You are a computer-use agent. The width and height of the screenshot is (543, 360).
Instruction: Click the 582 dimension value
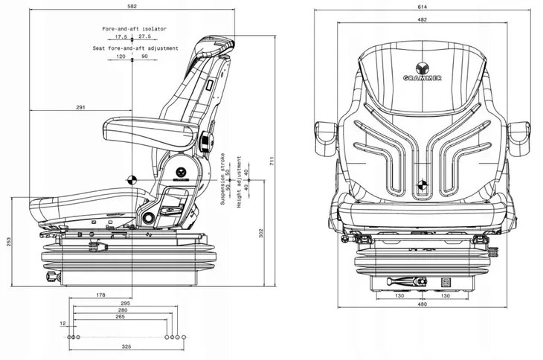pos(132,6)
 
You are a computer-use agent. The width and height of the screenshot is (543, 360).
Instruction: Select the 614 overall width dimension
pos(422,7)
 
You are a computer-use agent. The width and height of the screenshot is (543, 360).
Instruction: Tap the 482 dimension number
pos(422,19)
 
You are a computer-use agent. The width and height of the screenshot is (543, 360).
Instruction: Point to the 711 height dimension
pos(271,161)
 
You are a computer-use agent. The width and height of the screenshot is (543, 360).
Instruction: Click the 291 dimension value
pos(80,107)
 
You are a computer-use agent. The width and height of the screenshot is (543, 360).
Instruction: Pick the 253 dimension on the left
pos(9,242)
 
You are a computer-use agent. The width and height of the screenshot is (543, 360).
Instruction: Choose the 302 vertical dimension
pos(261,233)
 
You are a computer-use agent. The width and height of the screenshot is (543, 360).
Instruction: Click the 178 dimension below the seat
pos(100,295)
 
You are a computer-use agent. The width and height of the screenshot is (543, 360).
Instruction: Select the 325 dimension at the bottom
pos(126,347)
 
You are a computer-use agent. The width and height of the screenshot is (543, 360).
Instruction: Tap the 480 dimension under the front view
pos(422,304)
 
